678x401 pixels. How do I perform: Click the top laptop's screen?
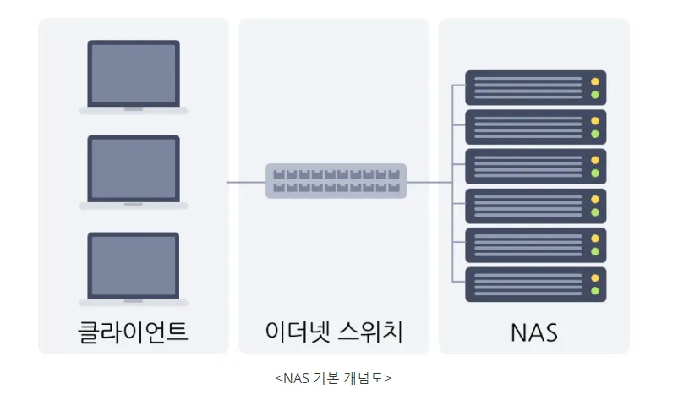click(x=134, y=74)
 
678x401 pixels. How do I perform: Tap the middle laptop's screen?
click(x=134, y=168)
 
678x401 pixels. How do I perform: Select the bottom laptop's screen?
click(x=134, y=266)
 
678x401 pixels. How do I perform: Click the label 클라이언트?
click(x=134, y=332)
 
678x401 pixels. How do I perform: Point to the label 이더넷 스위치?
click(x=334, y=332)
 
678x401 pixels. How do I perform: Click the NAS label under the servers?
click(x=534, y=332)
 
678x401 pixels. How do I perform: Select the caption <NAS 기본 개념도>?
click(x=333, y=378)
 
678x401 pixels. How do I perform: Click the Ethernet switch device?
click(x=336, y=181)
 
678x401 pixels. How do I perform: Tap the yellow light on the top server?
click(x=595, y=81)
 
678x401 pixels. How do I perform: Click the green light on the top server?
click(x=595, y=95)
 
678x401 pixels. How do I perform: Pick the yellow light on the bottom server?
click(x=595, y=277)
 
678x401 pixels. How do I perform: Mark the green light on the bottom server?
click(x=595, y=291)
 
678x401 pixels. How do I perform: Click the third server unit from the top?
click(x=536, y=167)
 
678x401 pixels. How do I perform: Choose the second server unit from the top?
click(x=536, y=127)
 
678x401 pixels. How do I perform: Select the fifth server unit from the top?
click(x=536, y=245)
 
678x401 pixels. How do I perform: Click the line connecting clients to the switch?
click(x=246, y=182)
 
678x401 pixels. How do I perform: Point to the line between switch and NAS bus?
click(x=429, y=182)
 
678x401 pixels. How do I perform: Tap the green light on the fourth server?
click(x=595, y=212)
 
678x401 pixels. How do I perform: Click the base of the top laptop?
click(x=134, y=111)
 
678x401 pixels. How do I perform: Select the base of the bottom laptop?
click(x=134, y=303)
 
